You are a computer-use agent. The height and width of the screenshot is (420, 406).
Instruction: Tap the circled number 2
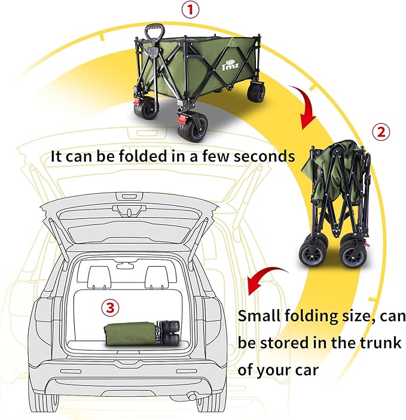pyautogui.click(x=381, y=131)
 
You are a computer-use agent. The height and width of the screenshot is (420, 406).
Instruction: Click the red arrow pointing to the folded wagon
pyautogui.click(x=305, y=106)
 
